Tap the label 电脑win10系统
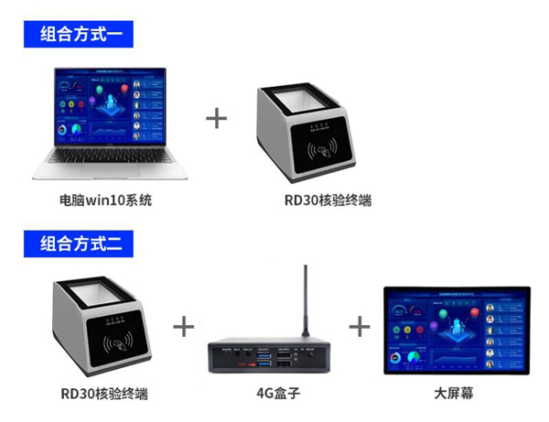coord(104,199)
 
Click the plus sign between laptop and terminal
coord(216,119)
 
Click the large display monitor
coord(455,331)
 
